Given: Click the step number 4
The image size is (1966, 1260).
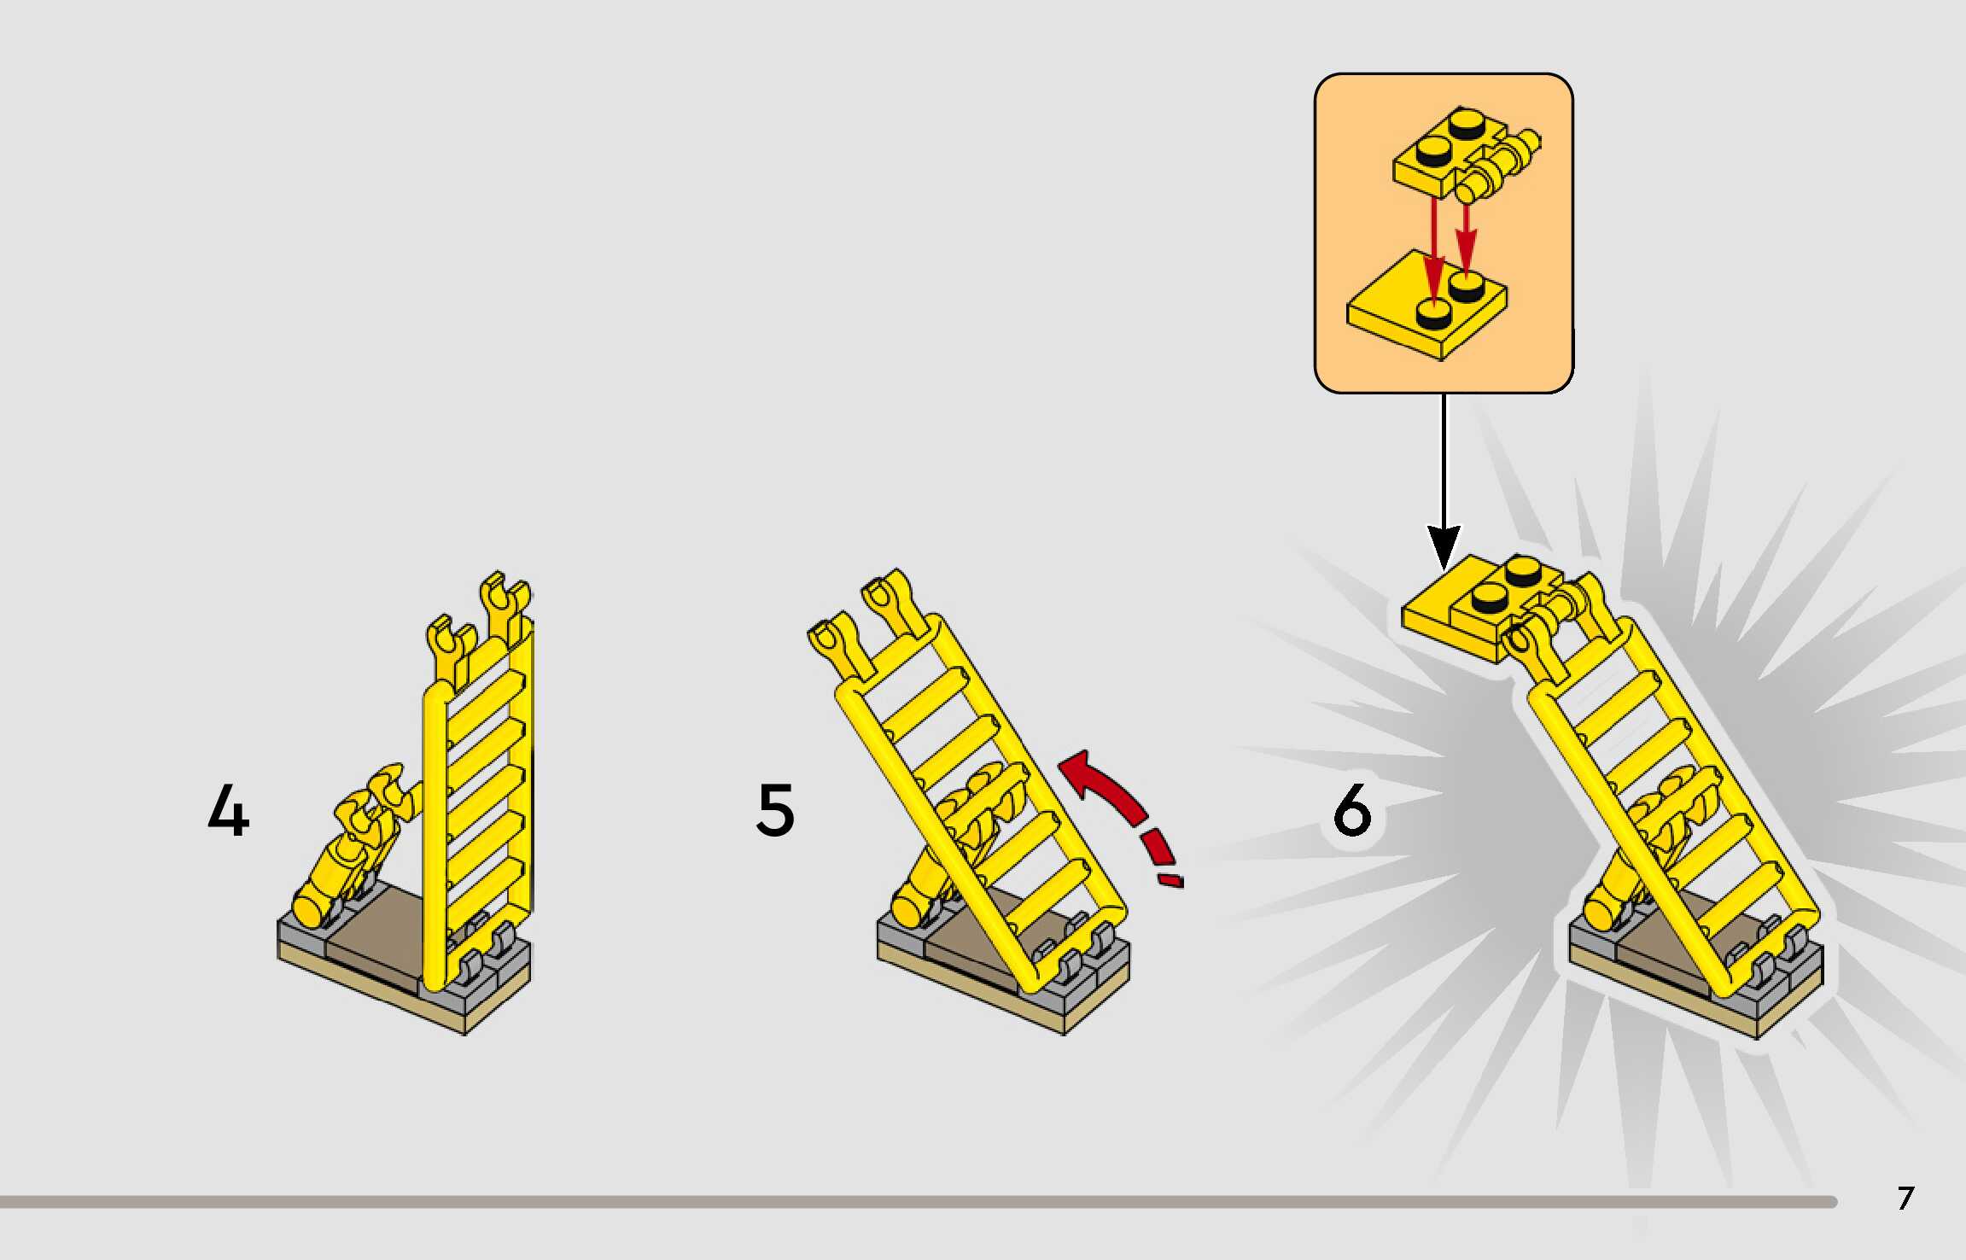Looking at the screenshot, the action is (229, 810).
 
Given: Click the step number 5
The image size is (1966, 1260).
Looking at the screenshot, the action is (775, 810).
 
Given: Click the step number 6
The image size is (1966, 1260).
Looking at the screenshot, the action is (1352, 810).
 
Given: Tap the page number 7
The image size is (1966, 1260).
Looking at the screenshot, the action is (1905, 1199).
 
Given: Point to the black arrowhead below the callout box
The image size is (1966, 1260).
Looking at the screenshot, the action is (1444, 546).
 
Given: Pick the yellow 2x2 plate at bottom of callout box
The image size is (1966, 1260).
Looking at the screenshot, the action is (1426, 307).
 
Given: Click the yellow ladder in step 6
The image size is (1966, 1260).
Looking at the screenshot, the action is (1673, 794).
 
